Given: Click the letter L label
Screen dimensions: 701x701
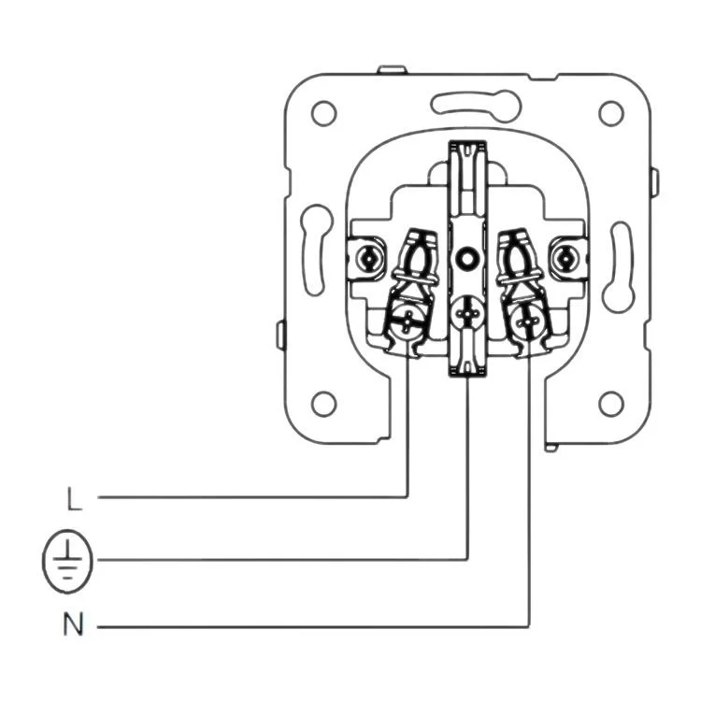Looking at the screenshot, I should click(75, 499).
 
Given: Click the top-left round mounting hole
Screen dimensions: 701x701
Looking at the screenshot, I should click(323, 113).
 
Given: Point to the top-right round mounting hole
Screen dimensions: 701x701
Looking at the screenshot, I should click(610, 113).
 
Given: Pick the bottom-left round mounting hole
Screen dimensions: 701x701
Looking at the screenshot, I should click(323, 404).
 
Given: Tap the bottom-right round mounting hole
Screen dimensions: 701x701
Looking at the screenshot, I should click(610, 404).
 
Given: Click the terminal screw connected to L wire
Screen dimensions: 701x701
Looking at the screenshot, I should click(408, 321).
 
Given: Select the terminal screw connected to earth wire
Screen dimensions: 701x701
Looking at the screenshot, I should click(466, 315).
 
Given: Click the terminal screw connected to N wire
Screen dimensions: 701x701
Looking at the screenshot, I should click(528, 321).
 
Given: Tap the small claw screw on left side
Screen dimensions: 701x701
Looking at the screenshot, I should click(371, 255).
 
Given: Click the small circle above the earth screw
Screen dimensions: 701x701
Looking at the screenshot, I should click(466, 258).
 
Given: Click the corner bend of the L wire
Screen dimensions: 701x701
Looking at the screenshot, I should click(408, 497).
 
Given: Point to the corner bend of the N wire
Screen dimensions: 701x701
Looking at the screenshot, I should click(530, 625).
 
